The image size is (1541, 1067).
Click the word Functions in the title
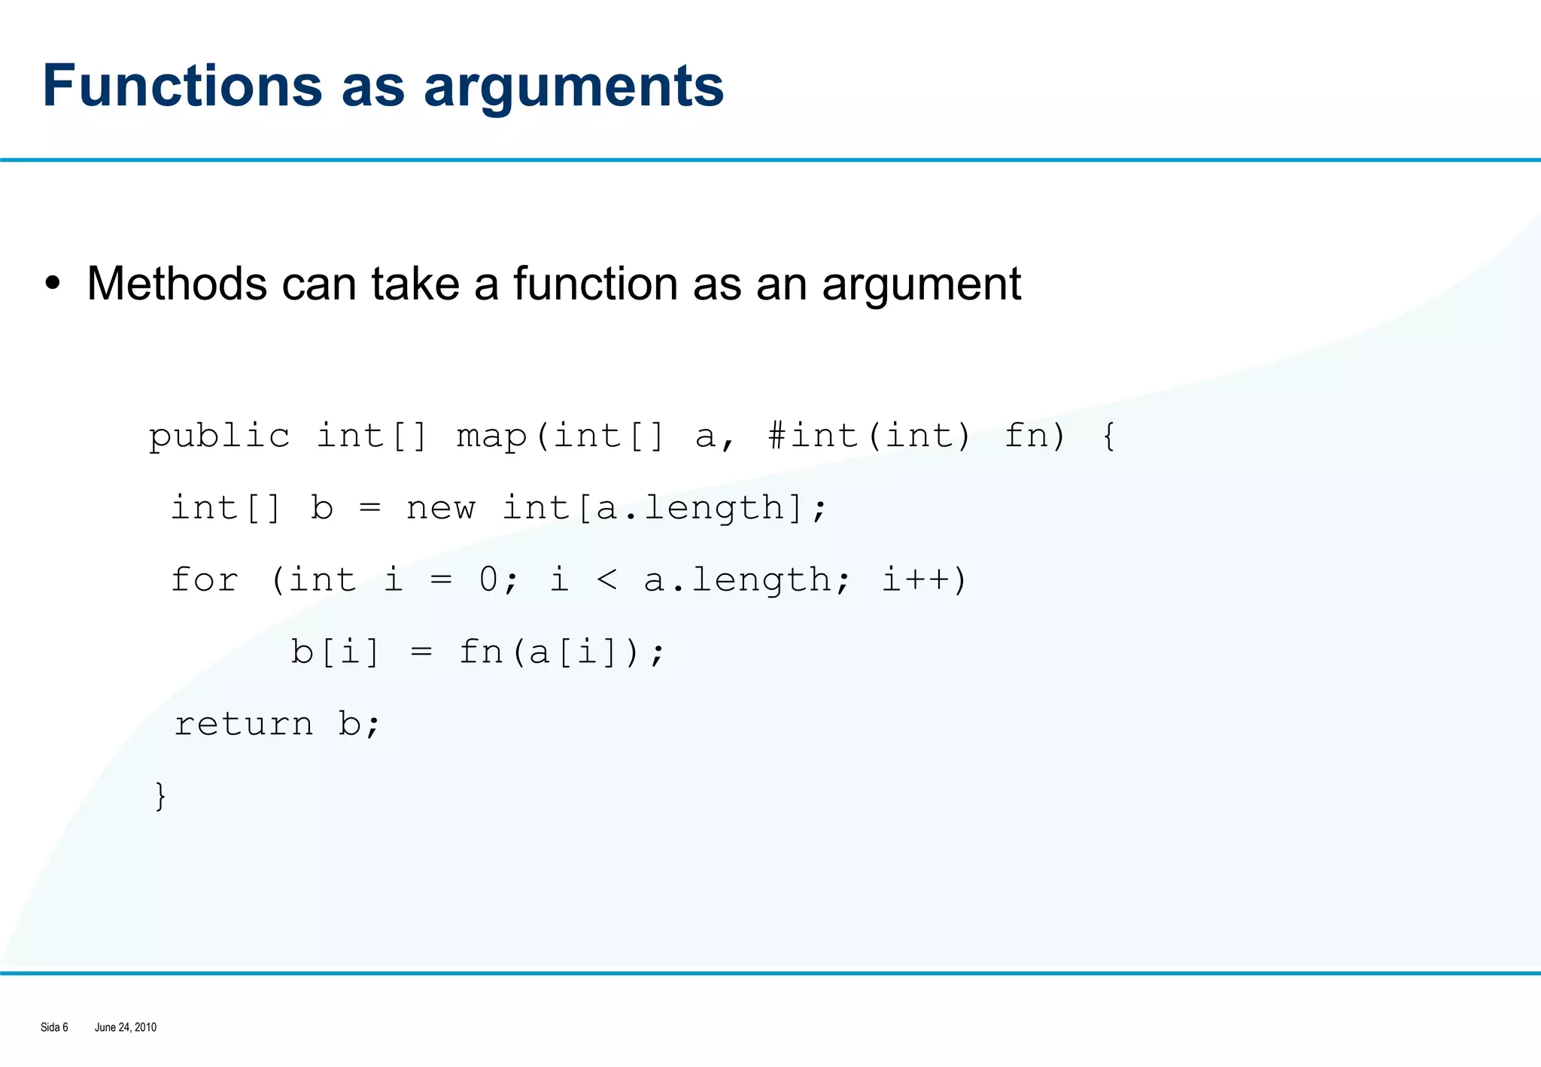click(181, 86)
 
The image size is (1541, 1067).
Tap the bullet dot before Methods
click(52, 284)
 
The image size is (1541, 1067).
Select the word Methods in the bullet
click(177, 284)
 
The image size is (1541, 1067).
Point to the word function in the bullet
click(596, 284)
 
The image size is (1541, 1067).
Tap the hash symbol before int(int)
click(777, 436)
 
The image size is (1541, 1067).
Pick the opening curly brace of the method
click(1108, 436)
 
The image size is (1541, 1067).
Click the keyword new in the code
click(440, 509)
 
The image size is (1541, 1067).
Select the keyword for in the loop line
click(205, 580)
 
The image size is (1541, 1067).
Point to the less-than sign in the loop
click(606, 580)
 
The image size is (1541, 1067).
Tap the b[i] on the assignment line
click(335, 652)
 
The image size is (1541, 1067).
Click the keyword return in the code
click(243, 725)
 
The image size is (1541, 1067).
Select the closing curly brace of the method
click(160, 796)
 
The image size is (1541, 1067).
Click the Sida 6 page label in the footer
click(54, 1027)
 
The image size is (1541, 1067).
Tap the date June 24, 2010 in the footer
click(126, 1027)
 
